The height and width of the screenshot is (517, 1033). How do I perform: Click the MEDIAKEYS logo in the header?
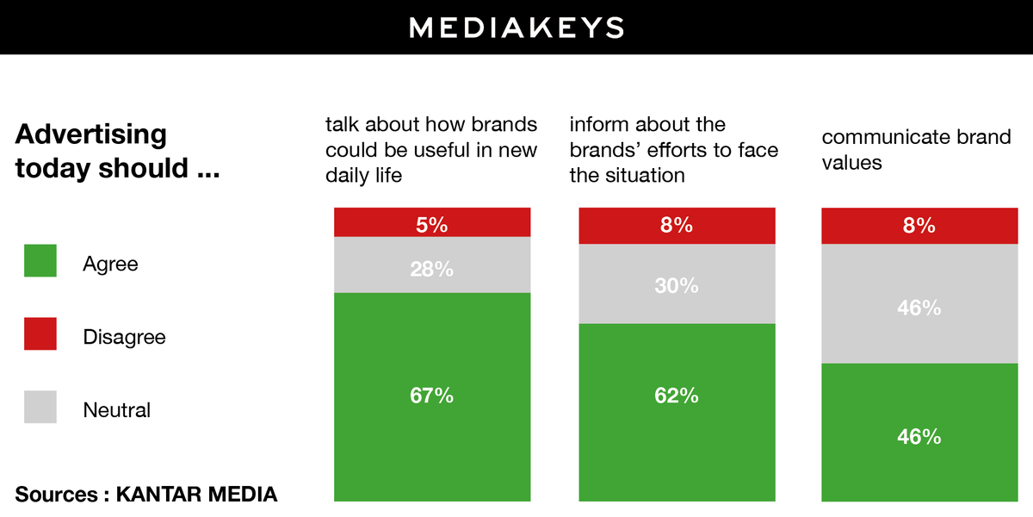pyautogui.click(x=516, y=27)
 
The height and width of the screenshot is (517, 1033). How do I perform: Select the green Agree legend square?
pyautogui.click(x=40, y=261)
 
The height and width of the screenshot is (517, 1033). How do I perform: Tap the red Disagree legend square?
pyautogui.click(x=40, y=333)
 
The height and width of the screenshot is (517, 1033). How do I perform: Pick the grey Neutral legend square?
pyautogui.click(x=40, y=407)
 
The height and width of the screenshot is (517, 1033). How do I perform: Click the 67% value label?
pyautogui.click(x=432, y=396)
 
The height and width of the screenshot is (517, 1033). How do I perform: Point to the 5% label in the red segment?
pyautogui.click(x=432, y=225)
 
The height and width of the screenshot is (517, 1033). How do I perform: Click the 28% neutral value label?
pyautogui.click(x=432, y=269)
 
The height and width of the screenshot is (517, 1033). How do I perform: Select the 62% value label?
pyautogui.click(x=677, y=396)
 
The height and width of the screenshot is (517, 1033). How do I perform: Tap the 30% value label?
pyautogui.click(x=677, y=285)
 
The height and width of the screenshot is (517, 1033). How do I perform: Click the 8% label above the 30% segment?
pyautogui.click(x=677, y=225)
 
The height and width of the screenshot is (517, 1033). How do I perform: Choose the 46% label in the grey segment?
pyautogui.click(x=919, y=307)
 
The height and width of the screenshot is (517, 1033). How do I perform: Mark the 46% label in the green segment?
pyautogui.click(x=919, y=436)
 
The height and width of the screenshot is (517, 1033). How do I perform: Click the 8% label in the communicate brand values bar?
pyautogui.click(x=919, y=225)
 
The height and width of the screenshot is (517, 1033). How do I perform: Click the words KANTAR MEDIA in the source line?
pyautogui.click(x=196, y=495)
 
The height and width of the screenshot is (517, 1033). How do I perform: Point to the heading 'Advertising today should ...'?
pyautogui.click(x=116, y=151)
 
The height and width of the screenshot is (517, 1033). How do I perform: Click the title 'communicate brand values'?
pyautogui.click(x=916, y=150)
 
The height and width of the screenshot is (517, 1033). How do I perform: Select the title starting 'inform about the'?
pyautogui.click(x=673, y=150)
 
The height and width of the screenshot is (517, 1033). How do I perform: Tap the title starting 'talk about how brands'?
pyautogui.click(x=430, y=150)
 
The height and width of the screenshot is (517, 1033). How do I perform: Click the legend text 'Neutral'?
pyautogui.click(x=116, y=410)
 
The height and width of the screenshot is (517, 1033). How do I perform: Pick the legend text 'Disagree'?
pyautogui.click(x=124, y=337)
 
